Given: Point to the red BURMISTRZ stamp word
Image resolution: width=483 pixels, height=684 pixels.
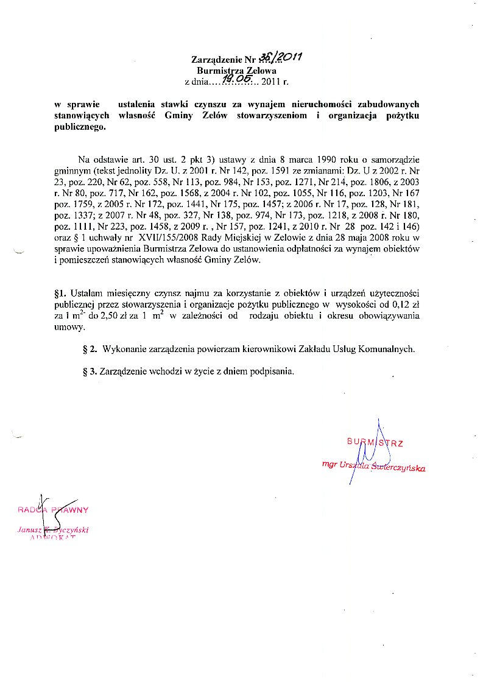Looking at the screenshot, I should [375, 442].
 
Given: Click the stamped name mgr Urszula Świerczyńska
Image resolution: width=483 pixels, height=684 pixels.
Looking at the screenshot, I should [373, 466].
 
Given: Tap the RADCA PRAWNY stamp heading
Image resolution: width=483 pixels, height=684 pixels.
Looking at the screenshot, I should [54, 510].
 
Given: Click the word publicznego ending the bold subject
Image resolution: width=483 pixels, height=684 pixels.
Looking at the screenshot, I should [76, 127].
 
